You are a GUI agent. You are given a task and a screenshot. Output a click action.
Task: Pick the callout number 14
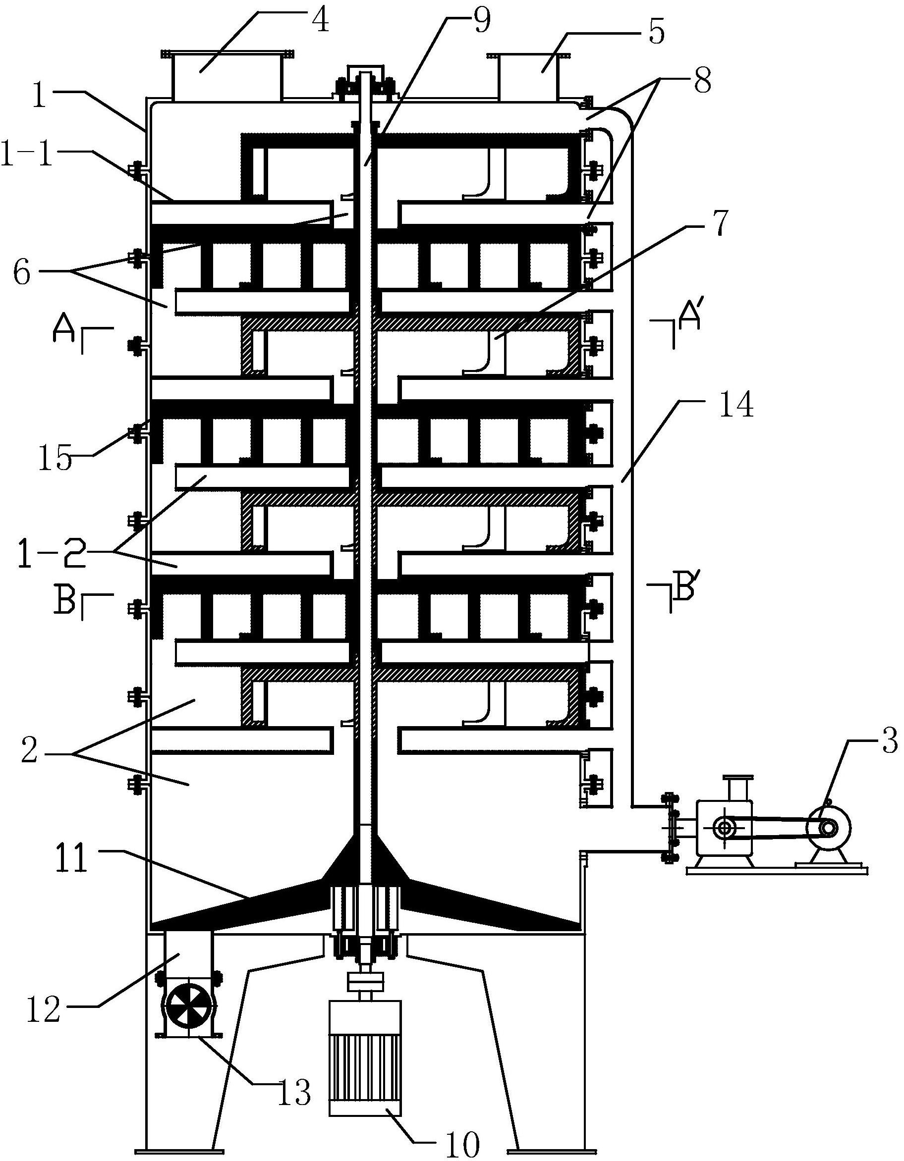[737, 406]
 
